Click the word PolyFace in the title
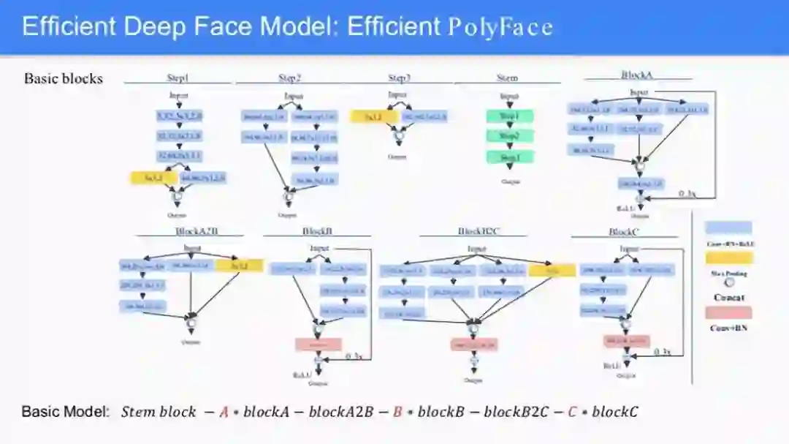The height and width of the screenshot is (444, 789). (x=500, y=27)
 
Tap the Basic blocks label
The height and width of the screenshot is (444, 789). (x=64, y=78)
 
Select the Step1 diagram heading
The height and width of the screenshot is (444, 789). (x=178, y=78)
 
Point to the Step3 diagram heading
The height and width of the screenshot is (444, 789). (x=399, y=78)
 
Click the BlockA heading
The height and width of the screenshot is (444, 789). (x=636, y=75)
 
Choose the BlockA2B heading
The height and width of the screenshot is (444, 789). (x=197, y=231)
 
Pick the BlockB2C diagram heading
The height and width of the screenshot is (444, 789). (x=478, y=231)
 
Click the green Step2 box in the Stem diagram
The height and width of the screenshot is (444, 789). (x=510, y=136)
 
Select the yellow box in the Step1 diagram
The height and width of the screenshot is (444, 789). (x=154, y=177)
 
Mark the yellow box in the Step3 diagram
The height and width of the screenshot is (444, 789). (x=373, y=116)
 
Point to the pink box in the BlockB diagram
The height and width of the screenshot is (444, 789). (x=319, y=344)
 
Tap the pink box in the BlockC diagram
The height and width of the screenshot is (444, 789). (x=626, y=341)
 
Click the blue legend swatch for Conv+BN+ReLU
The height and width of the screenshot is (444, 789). (x=728, y=227)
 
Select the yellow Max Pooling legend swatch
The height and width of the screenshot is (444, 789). (x=728, y=256)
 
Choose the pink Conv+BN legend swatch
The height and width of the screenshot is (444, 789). (x=728, y=312)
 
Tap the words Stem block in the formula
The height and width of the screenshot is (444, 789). (x=159, y=412)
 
